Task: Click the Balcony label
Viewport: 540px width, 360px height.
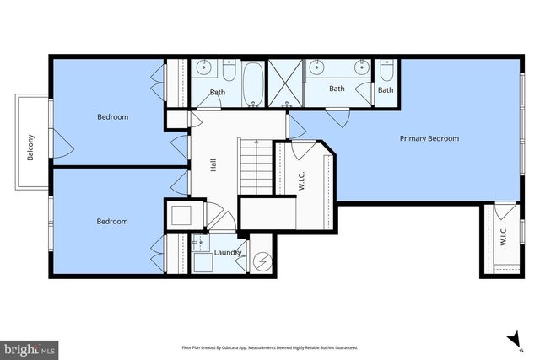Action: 30,149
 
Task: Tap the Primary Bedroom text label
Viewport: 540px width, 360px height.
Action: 429,138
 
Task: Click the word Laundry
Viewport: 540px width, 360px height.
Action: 229,252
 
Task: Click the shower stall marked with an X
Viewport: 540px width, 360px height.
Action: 285,83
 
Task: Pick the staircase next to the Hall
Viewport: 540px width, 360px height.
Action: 254,166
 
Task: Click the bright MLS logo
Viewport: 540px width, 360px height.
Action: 30,347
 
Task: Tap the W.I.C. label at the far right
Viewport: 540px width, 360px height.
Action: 503,235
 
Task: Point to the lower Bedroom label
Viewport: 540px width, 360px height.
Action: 111,222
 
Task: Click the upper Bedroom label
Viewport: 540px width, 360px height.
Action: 112,117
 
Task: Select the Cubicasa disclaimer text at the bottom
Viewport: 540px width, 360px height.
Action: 270,347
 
